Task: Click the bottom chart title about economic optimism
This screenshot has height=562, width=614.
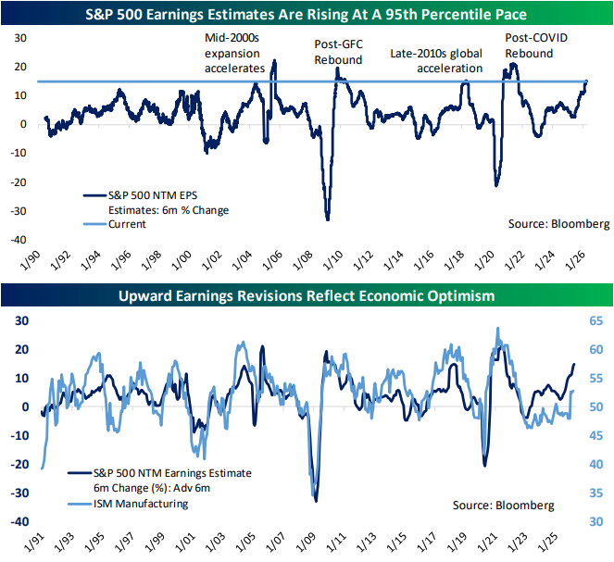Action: [307, 296]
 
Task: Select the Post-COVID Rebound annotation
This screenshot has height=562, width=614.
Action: [542, 46]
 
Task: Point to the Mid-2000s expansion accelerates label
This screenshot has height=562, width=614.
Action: [234, 53]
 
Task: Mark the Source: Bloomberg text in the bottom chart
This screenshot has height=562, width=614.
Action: [502, 505]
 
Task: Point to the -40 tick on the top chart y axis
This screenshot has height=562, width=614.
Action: [20, 241]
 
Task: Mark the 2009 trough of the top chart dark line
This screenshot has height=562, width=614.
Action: [327, 219]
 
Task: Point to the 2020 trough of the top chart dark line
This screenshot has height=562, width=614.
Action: [496, 185]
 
